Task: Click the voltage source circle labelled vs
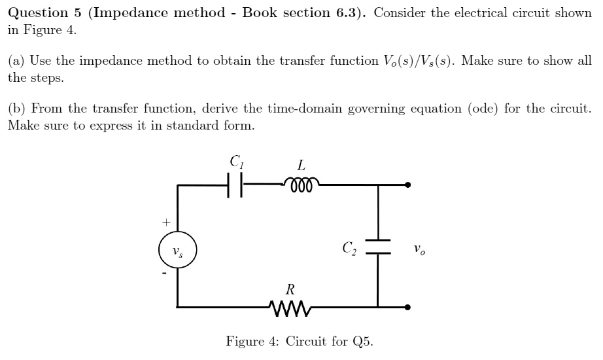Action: click(177, 251)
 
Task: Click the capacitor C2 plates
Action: click(377, 246)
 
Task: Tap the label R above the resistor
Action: click(289, 288)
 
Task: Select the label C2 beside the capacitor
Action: click(349, 248)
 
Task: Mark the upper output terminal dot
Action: click(408, 185)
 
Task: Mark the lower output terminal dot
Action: click(408, 306)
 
